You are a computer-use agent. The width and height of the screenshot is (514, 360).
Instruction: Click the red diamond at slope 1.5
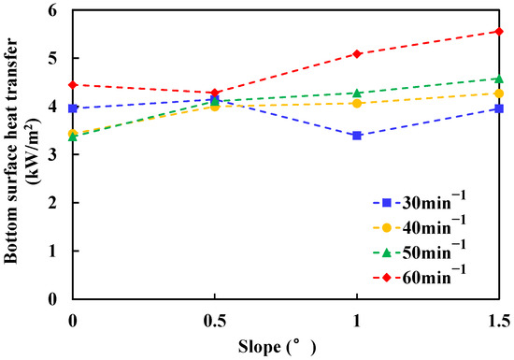(499, 31)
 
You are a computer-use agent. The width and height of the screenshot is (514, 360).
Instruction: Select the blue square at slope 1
(357, 136)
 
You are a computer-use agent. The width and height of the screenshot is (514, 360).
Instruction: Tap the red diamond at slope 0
(72, 84)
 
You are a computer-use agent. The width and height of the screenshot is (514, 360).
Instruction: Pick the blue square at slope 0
(72, 108)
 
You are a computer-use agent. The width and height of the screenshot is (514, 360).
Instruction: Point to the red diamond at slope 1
(357, 53)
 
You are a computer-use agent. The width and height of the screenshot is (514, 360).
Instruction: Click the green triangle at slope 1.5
(499, 79)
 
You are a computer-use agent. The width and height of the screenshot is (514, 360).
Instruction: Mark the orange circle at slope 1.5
(499, 94)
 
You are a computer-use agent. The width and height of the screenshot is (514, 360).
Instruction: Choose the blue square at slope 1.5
(499, 108)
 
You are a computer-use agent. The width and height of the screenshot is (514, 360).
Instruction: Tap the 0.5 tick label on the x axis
(215, 320)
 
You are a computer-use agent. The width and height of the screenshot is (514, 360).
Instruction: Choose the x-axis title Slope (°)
(286, 345)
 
